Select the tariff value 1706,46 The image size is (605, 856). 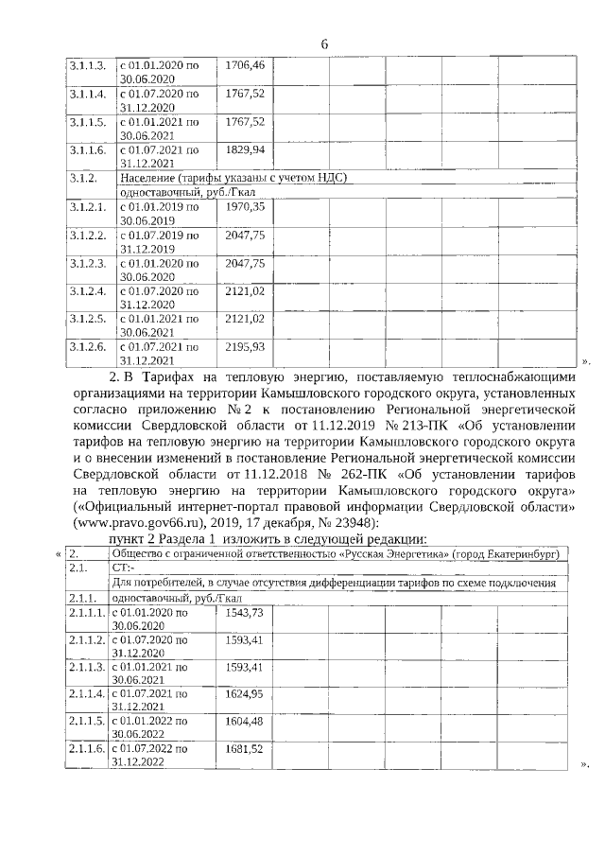click(244, 65)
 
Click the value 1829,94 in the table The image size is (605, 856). click(244, 150)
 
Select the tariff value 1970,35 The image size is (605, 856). click(244, 206)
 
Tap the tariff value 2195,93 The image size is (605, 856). click(244, 348)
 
